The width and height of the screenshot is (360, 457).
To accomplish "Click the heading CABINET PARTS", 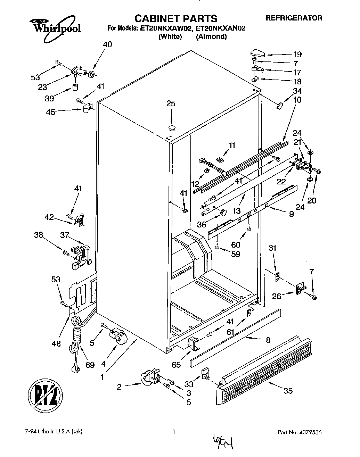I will [176, 18].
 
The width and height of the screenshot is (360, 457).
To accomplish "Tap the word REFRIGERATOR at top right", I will [294, 18].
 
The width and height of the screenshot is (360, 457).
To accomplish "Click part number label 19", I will [297, 55].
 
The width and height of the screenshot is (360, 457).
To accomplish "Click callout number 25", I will [171, 103].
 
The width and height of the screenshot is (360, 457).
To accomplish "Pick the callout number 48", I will [56, 344].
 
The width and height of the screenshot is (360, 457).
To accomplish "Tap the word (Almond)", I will [211, 37].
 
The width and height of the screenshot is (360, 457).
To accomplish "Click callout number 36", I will [202, 225].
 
